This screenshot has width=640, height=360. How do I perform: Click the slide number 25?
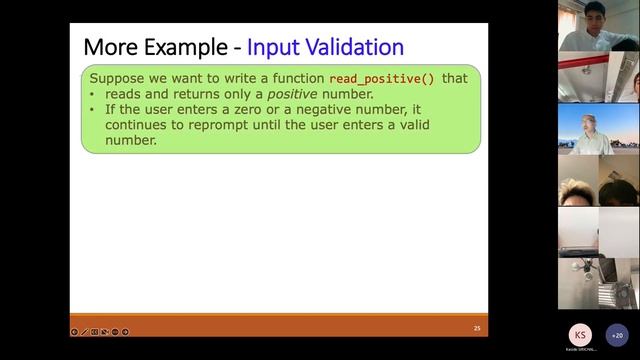pyautogui.click(x=477, y=329)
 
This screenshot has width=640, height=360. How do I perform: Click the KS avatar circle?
pyautogui.click(x=580, y=334)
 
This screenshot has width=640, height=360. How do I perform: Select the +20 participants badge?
pyautogui.click(x=618, y=335)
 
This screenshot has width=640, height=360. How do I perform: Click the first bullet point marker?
pyautogui.click(x=94, y=94)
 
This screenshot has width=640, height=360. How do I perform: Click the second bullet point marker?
pyautogui.click(x=94, y=110)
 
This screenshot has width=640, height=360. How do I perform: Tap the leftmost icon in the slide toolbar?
pyautogui.click(x=74, y=331)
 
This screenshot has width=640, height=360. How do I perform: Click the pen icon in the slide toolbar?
pyautogui.click(x=84, y=331)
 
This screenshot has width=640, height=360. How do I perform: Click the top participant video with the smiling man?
pyautogui.click(x=598, y=26)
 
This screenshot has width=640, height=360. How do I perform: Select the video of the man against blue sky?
pyautogui.click(x=598, y=129)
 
